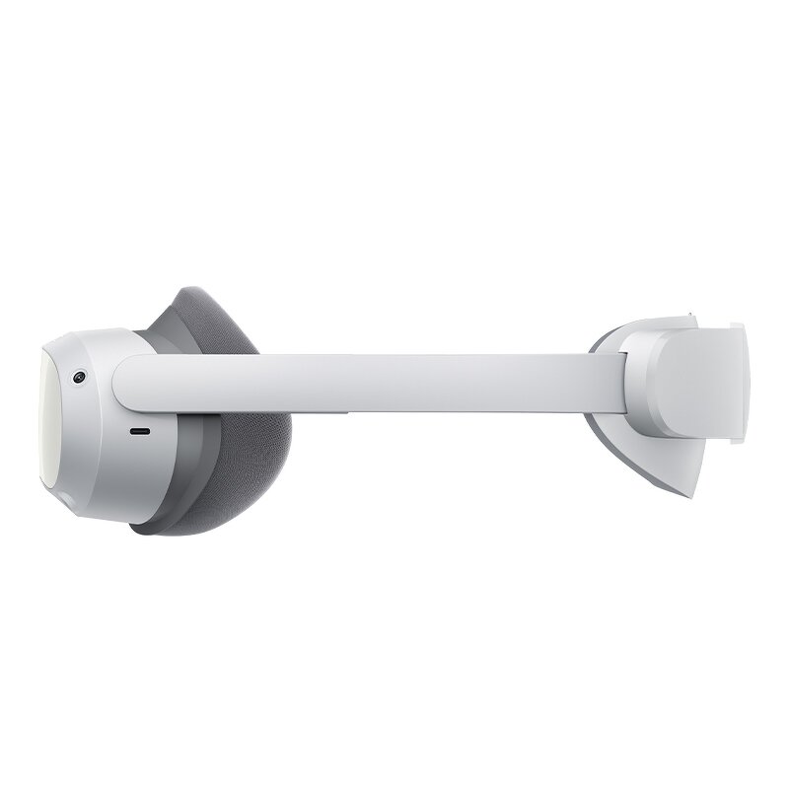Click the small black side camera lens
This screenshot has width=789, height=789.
(77, 378)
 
